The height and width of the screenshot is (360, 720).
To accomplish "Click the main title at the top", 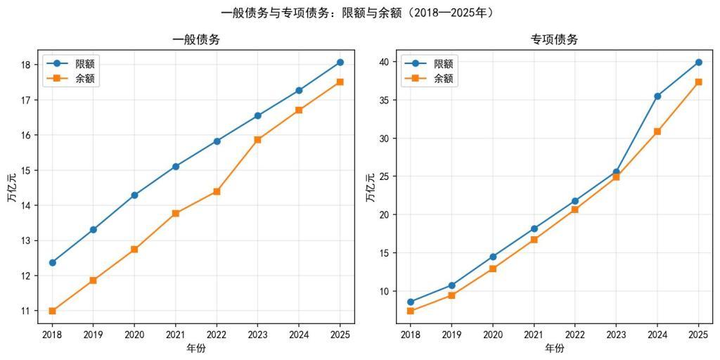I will pyautogui.click(x=359, y=13).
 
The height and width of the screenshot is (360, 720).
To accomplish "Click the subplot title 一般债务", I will pyautogui.click(x=196, y=40).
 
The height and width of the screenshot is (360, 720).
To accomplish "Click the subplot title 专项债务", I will pyautogui.click(x=554, y=40).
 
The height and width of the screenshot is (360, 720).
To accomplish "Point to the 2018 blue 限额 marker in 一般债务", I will pyautogui.click(x=52, y=262).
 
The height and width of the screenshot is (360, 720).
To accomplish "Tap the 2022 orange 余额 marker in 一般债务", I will pyautogui.click(x=217, y=191).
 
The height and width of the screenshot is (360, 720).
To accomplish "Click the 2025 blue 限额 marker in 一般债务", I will pyautogui.click(x=340, y=63).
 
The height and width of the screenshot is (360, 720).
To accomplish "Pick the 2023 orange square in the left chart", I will pyautogui.click(x=258, y=139).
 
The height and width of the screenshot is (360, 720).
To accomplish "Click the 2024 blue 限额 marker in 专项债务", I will pyautogui.click(x=657, y=96).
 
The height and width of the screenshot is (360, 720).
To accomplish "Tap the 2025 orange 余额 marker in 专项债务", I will pyautogui.click(x=698, y=82).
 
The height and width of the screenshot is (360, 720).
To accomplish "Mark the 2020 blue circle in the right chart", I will pyautogui.click(x=493, y=257).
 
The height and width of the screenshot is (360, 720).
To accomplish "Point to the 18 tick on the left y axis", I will pyautogui.click(x=27, y=65).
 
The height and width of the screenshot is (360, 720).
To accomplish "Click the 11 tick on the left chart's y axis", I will pyautogui.click(x=27, y=311).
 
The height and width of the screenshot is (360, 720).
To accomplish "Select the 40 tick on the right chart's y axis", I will pyautogui.click(x=385, y=62).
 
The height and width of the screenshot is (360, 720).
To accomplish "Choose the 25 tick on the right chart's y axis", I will pyautogui.click(x=385, y=176).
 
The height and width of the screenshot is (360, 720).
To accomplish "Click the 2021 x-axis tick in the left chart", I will pyautogui.click(x=175, y=335).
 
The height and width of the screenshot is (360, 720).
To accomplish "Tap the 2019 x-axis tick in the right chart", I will pyautogui.click(x=451, y=335).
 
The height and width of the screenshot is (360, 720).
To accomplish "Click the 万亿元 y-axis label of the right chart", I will pyautogui.click(x=371, y=187).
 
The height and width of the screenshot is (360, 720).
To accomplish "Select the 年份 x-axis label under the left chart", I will pyautogui.click(x=196, y=348).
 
